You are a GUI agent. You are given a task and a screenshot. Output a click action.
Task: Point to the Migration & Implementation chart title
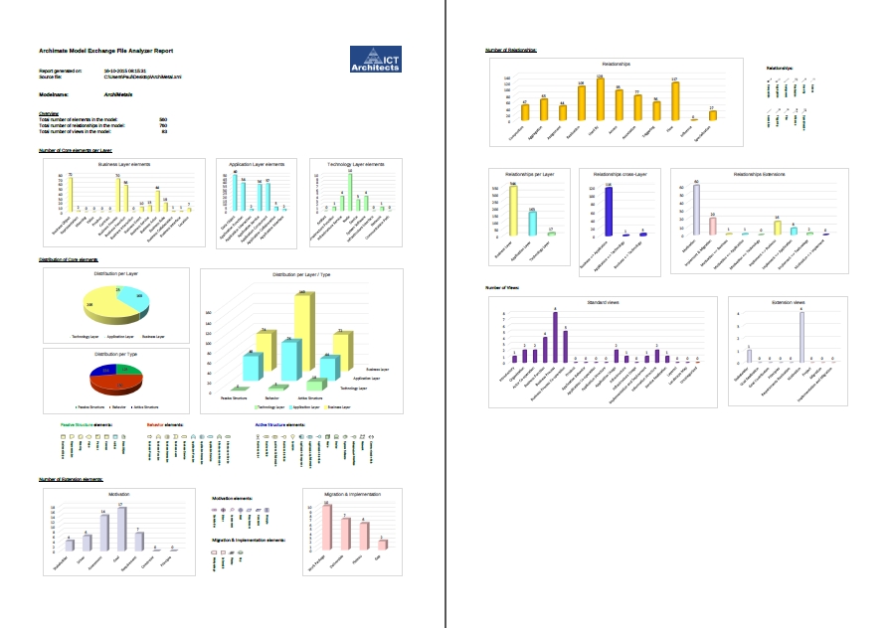(352, 494)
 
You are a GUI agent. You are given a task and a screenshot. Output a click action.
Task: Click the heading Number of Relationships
(511, 49)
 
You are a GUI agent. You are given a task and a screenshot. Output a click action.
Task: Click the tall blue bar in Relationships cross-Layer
(608, 212)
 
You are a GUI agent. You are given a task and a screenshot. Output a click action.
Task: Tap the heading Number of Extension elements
(71, 479)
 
